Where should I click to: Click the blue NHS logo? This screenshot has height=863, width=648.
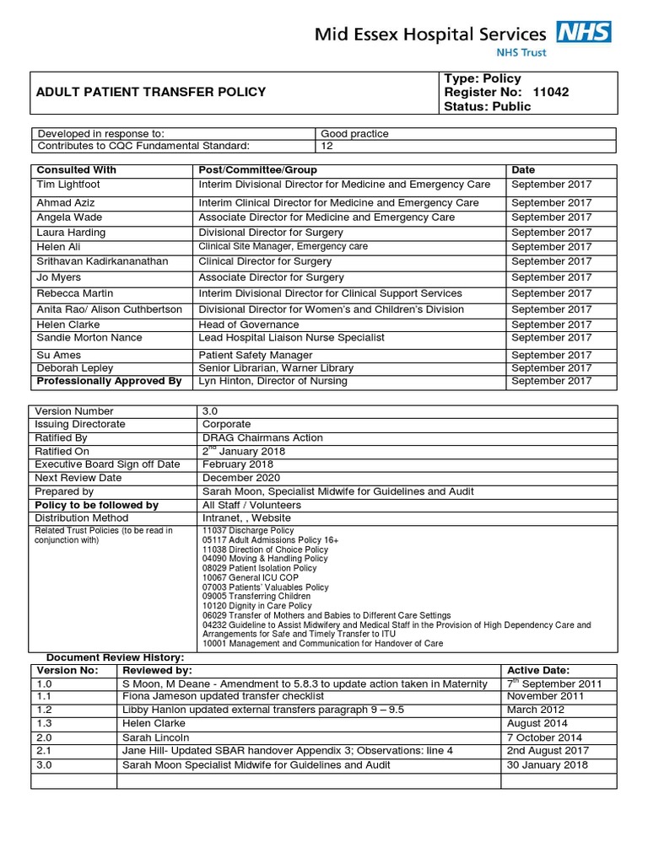tap(583, 33)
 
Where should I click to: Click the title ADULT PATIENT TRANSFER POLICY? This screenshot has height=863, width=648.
tap(150, 92)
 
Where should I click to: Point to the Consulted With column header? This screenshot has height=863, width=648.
tap(76, 169)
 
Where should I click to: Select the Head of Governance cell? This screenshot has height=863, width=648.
tap(248, 324)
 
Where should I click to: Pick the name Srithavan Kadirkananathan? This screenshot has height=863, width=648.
tap(107, 261)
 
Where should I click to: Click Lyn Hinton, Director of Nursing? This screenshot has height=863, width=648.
tap(273, 381)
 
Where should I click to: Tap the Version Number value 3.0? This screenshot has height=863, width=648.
tap(210, 410)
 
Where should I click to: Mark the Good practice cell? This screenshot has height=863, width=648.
tap(355, 133)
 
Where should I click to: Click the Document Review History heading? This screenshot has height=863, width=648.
tap(114, 657)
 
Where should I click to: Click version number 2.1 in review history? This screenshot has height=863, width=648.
tap(46, 751)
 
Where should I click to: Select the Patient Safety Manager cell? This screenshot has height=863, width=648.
tap(255, 355)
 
